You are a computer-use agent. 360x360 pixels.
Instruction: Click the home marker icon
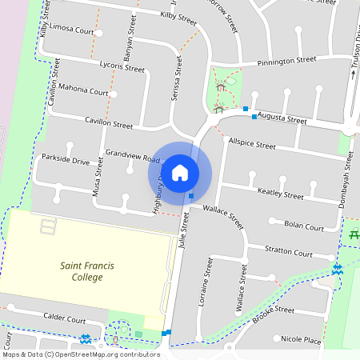(180, 173)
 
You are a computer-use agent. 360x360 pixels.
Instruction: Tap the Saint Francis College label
(93, 271)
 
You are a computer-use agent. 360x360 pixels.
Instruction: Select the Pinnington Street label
(287, 61)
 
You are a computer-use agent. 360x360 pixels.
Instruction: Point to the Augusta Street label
(282, 118)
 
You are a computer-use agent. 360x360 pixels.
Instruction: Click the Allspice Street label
(251, 145)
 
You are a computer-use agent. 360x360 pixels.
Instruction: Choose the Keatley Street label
(280, 193)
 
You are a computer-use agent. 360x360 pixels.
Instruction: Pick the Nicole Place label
(301, 340)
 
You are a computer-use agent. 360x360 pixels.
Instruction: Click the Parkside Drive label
(66, 161)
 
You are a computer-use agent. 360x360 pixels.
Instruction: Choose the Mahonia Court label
(83, 92)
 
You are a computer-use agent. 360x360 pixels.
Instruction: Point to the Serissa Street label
(178, 78)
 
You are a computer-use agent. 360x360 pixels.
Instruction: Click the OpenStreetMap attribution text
(80, 354)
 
